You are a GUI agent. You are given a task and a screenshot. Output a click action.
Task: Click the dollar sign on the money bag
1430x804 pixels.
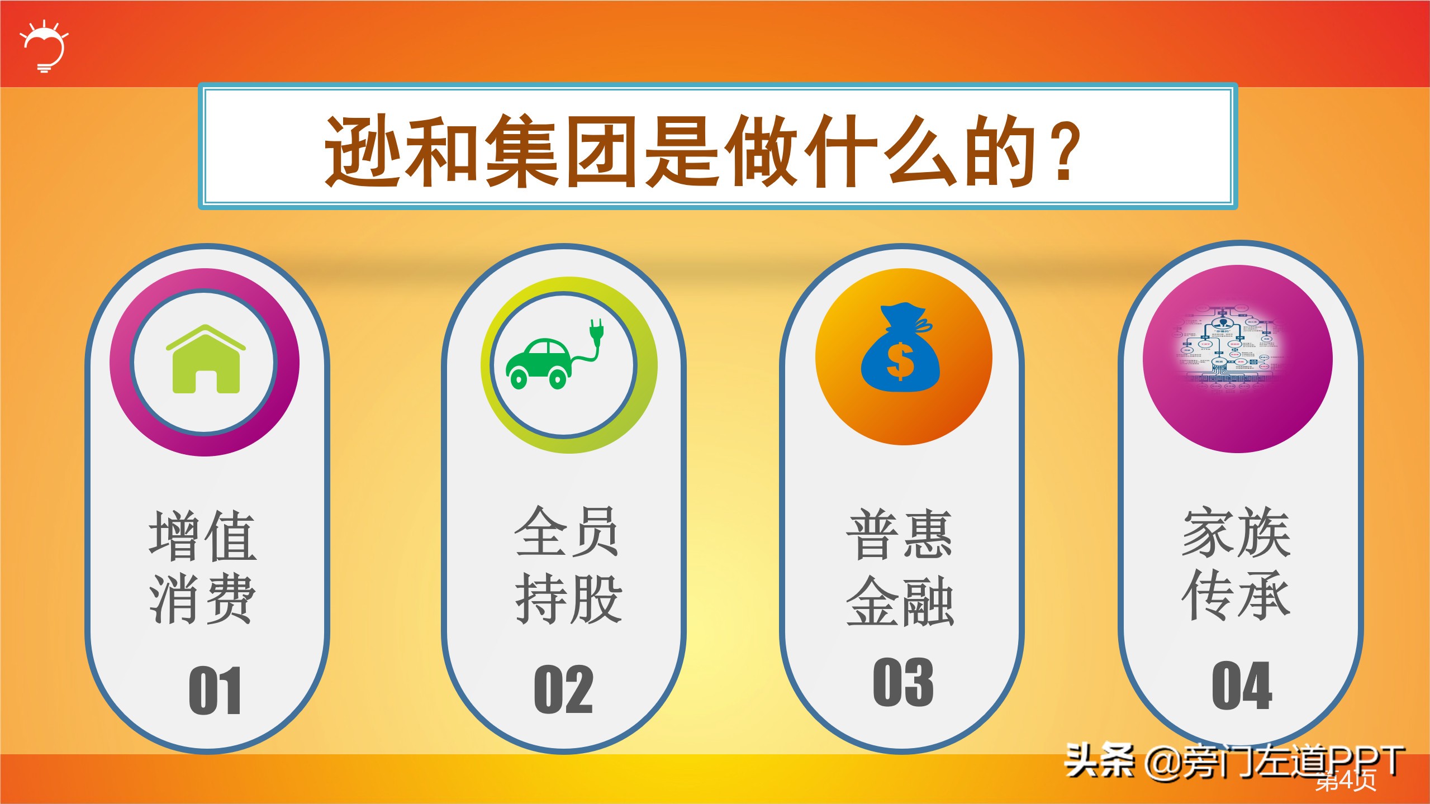(900, 361)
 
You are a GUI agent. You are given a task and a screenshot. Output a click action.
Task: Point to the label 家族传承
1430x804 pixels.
(1236, 563)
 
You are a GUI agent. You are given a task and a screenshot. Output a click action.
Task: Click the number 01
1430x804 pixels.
(215, 691)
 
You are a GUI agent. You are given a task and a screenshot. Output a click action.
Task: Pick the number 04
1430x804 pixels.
(1242, 686)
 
